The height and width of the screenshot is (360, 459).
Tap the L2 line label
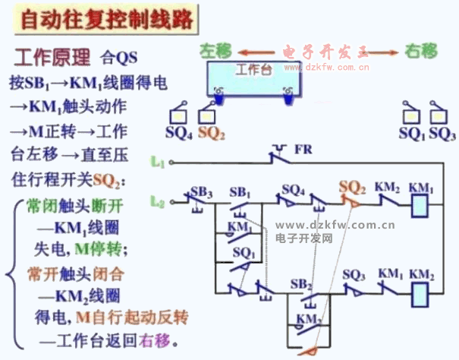click(x=158, y=202)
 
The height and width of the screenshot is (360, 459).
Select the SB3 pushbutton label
click(x=202, y=189)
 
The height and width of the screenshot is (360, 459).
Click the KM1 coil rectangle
click(x=420, y=206)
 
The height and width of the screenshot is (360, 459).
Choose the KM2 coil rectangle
click(x=420, y=291)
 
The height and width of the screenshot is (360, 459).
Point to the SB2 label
click(x=302, y=283)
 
